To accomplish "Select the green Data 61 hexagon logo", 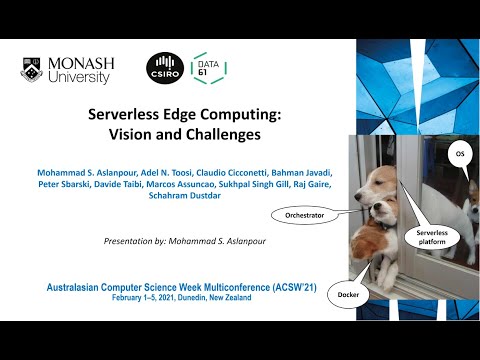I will [207, 68].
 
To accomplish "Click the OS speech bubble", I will [460, 155].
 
